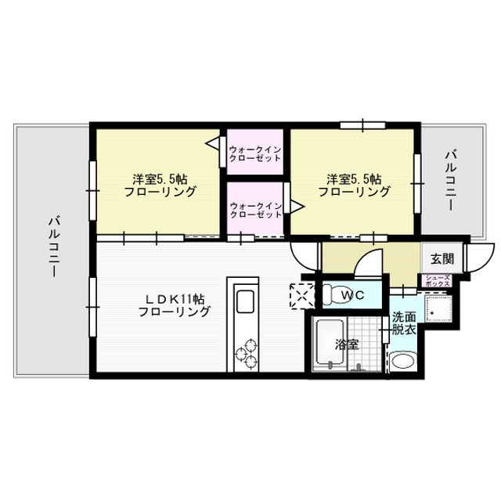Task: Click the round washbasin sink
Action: (403, 362)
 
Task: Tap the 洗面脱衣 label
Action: (404, 324)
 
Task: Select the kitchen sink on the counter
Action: (242, 302)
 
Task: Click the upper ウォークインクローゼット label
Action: (254, 152)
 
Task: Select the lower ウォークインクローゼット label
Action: (254, 209)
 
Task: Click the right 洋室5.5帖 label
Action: (353, 184)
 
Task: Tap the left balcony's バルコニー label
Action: (52, 246)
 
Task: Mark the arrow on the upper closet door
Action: (211, 143)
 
